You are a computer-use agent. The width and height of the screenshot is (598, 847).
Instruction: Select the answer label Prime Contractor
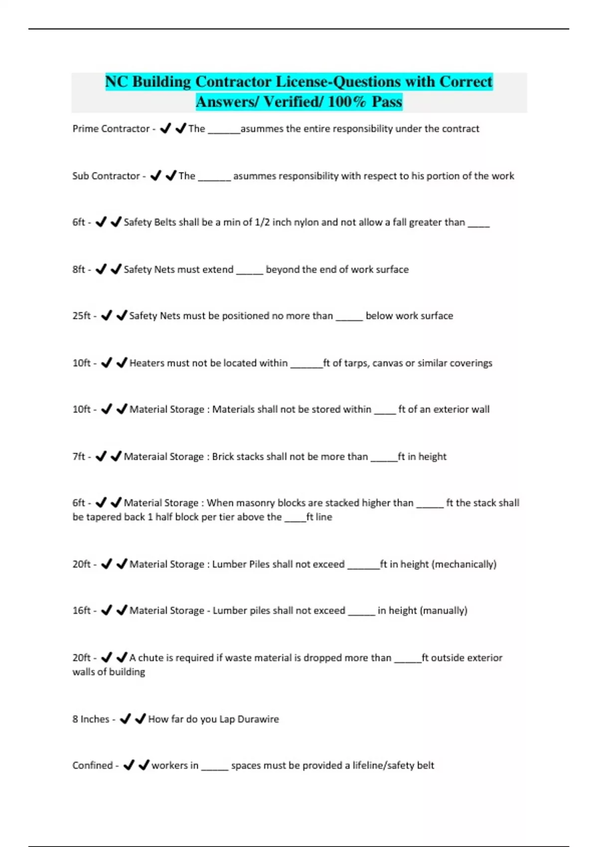(111, 129)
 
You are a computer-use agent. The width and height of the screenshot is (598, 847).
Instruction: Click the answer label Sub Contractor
(106, 176)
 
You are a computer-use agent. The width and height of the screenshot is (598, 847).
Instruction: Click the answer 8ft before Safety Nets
(79, 270)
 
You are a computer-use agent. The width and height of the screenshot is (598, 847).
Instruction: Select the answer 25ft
(82, 316)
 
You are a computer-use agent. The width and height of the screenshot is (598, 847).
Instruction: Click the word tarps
(356, 363)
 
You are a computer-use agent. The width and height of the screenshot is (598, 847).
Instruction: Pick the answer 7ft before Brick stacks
(79, 456)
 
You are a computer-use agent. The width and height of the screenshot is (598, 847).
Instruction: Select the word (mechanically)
(464, 564)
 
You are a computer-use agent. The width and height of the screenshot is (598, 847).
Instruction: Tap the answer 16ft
(82, 610)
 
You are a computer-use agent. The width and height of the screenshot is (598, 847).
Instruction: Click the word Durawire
(258, 719)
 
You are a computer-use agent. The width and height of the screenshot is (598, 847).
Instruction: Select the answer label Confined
(92, 765)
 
